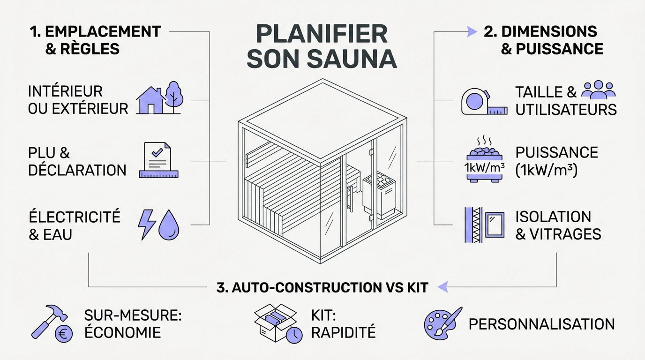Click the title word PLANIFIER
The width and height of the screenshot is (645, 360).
(322, 35)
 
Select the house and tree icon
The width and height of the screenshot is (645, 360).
(159, 98)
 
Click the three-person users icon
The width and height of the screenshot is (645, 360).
(598, 90)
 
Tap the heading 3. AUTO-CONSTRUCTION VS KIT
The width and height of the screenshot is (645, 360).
(322, 287)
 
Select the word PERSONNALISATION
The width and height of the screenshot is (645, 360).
(541, 323)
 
